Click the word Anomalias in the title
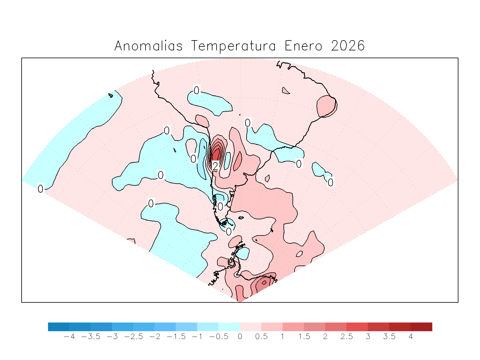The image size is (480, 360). (148, 46)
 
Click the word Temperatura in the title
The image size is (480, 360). (233, 46)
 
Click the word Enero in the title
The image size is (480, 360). (303, 46)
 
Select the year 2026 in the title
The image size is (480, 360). (348, 46)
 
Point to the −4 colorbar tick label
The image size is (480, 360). (70, 337)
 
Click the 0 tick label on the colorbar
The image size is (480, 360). (240, 337)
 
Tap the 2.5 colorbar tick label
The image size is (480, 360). (346, 337)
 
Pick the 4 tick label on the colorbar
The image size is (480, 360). (411, 337)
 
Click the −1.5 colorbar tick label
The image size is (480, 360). (176, 337)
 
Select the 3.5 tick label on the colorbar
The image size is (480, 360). (389, 337)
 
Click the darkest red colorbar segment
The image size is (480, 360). (421, 327)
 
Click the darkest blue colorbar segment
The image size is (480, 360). (58, 327)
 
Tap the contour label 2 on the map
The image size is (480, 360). (215, 166)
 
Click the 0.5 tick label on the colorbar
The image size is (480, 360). (261, 337)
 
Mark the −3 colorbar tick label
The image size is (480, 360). (112, 337)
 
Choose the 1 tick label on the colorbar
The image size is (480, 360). (283, 337)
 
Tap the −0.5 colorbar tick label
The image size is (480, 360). (219, 337)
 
